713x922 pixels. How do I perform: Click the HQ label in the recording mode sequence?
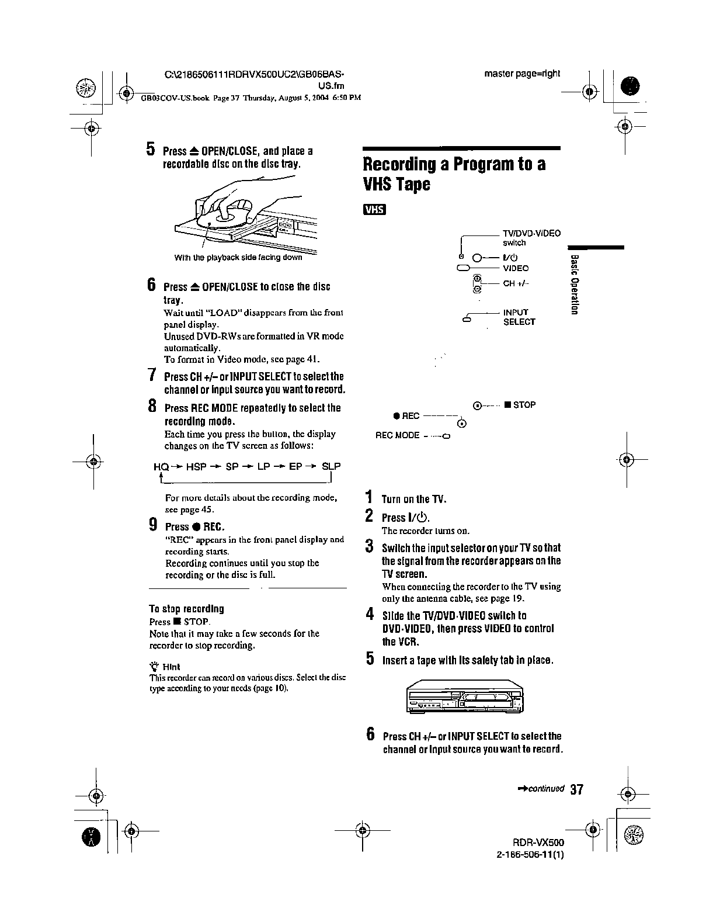(x=161, y=467)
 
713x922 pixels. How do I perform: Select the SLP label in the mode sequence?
(x=332, y=467)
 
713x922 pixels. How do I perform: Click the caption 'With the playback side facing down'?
(x=238, y=257)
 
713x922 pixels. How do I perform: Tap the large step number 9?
(x=153, y=525)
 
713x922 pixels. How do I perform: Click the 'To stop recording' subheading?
(x=186, y=609)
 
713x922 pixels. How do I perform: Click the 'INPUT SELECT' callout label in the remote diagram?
(x=519, y=317)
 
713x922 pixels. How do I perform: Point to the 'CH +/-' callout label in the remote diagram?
(x=516, y=284)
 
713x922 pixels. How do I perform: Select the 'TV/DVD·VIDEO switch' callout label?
(x=531, y=238)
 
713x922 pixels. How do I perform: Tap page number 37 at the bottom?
(x=576, y=790)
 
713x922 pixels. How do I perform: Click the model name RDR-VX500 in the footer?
(x=538, y=844)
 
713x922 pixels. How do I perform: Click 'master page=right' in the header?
(x=521, y=74)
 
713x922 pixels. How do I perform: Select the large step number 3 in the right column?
(x=369, y=547)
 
